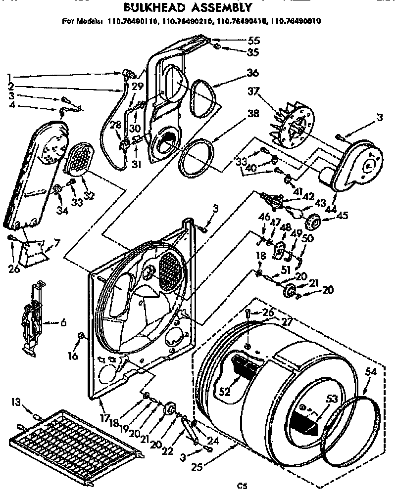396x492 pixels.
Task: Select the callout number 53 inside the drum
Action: coord(331,399)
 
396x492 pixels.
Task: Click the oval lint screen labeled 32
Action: coord(79,159)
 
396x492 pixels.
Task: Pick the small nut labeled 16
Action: coord(81,337)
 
